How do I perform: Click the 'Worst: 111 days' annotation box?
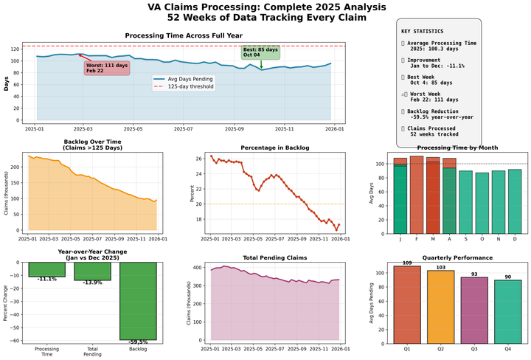pyautogui.click(x=107, y=68)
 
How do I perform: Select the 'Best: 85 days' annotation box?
pyautogui.click(x=261, y=52)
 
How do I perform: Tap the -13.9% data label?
pyautogui.click(x=92, y=283)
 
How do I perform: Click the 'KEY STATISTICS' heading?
pyautogui.click(x=423, y=32)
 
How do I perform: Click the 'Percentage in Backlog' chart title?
pyautogui.click(x=275, y=148)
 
